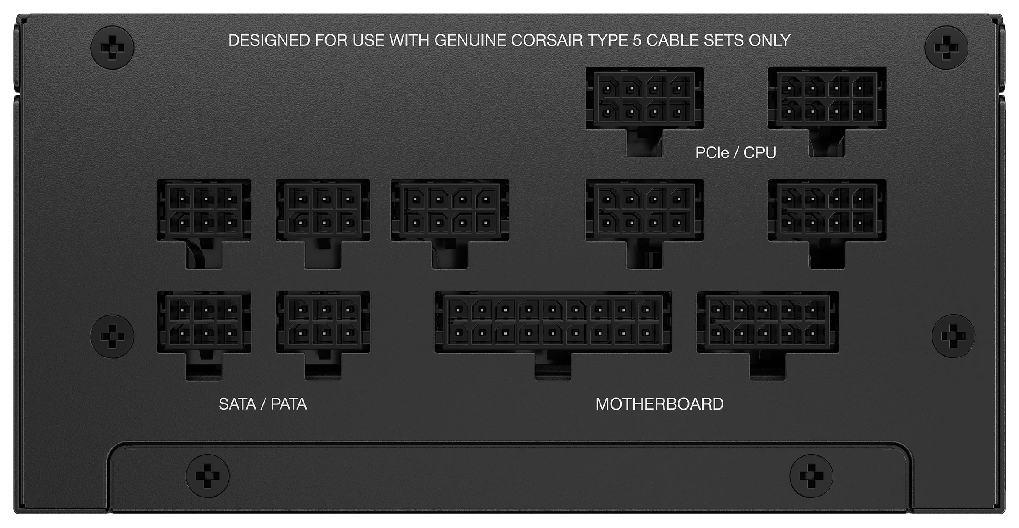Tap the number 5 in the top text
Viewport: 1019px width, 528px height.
coord(637,40)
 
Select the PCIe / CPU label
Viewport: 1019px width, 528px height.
coord(736,153)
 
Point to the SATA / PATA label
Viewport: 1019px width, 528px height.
coord(263,404)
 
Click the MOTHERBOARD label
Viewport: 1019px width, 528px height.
coord(659,404)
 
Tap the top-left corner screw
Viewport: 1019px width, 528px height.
coord(112,48)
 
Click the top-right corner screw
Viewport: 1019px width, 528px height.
coord(946,48)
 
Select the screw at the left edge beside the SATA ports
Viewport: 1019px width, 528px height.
coord(112,336)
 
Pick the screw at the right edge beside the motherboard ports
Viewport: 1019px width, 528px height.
coord(954,336)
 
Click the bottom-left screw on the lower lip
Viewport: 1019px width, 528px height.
coord(208,476)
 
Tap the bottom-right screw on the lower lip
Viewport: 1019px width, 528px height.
coord(811,476)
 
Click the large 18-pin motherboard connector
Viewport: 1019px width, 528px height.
coord(553,335)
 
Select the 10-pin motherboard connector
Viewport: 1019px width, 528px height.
coord(767,335)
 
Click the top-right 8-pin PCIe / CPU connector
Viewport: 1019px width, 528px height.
coord(827,112)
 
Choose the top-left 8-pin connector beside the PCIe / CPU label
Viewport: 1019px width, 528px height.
coord(645,112)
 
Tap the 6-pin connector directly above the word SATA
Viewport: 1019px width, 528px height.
coord(204,335)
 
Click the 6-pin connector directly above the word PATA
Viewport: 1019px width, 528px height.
coord(323,335)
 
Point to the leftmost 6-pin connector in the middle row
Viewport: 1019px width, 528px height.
coord(204,224)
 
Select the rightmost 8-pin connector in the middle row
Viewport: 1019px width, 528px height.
coord(827,224)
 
